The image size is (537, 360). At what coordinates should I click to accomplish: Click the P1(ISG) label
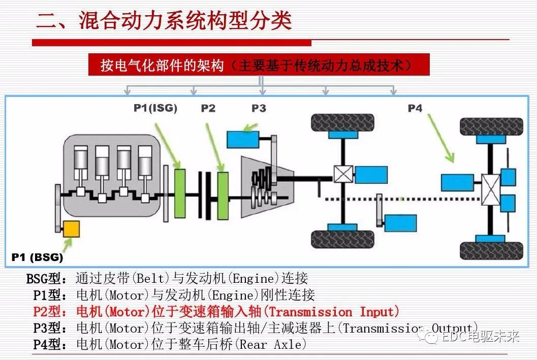155,108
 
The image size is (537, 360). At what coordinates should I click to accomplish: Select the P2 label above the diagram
208,108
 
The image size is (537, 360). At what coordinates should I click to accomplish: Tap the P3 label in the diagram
259,108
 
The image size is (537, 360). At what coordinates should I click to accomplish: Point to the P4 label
415,108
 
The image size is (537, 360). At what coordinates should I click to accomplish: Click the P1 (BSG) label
37,257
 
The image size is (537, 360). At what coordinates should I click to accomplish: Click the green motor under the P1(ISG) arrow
179,193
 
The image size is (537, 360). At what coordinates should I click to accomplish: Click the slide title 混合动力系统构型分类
164,21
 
